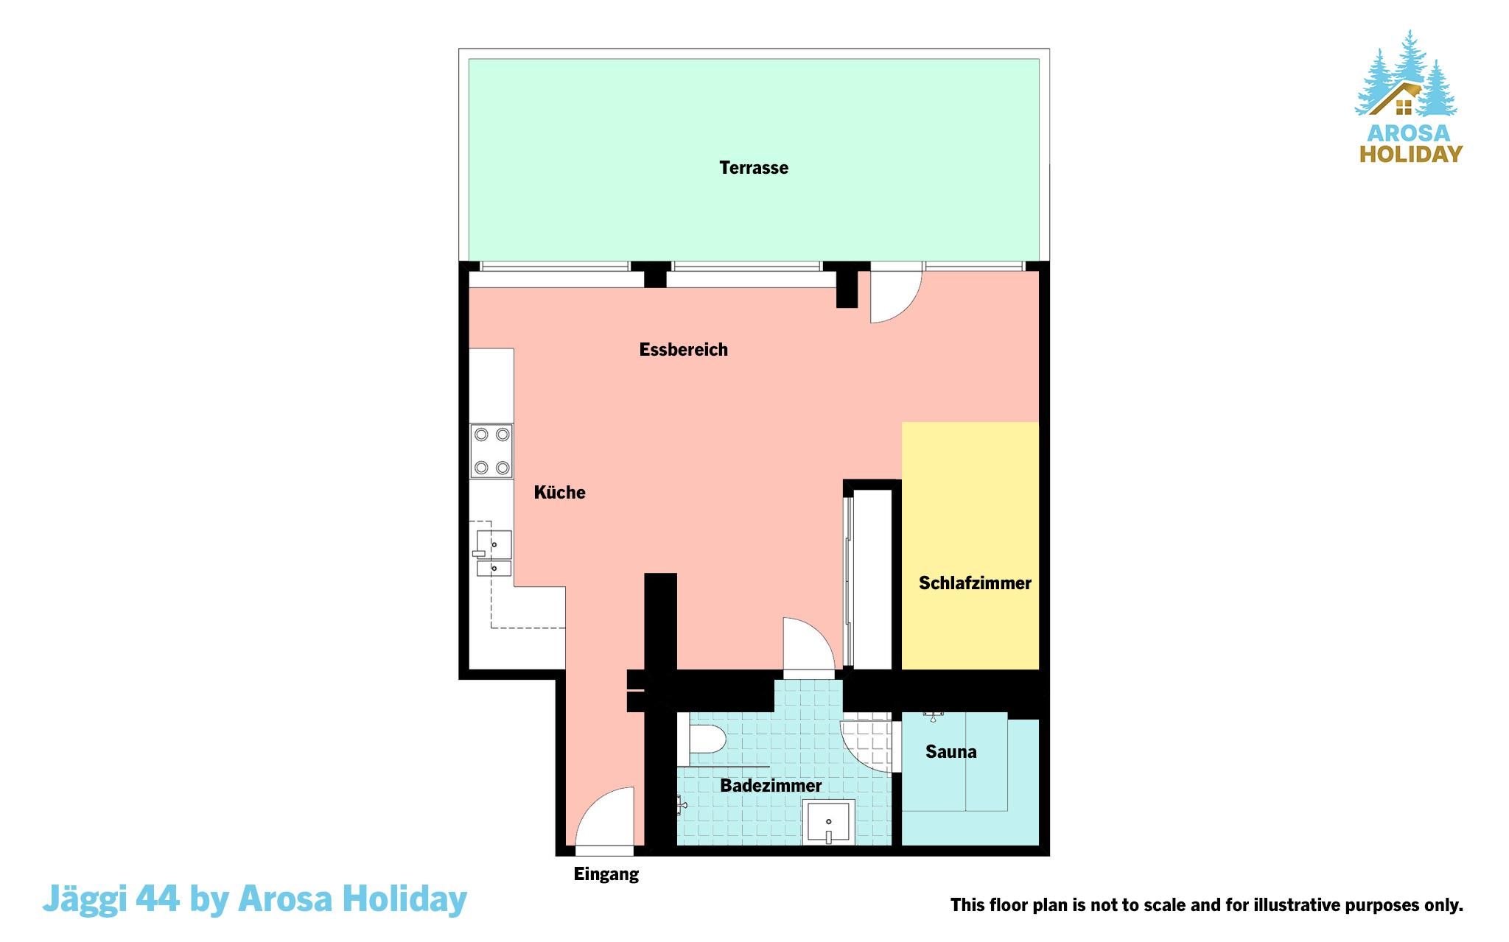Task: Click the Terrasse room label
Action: pyautogui.click(x=754, y=168)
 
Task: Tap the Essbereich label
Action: pyautogui.click(x=684, y=350)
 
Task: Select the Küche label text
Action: pyautogui.click(x=560, y=492)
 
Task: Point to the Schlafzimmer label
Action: pyautogui.click(x=975, y=583)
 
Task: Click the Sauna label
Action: pyautogui.click(x=951, y=752)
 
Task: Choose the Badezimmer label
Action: pyautogui.click(x=771, y=786)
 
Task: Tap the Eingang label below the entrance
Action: pyautogui.click(x=606, y=875)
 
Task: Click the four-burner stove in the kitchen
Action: pyautogui.click(x=491, y=451)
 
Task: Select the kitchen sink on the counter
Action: pyautogui.click(x=493, y=552)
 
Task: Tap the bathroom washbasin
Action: pyautogui.click(x=828, y=821)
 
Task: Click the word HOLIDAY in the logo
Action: pyautogui.click(x=1411, y=154)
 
